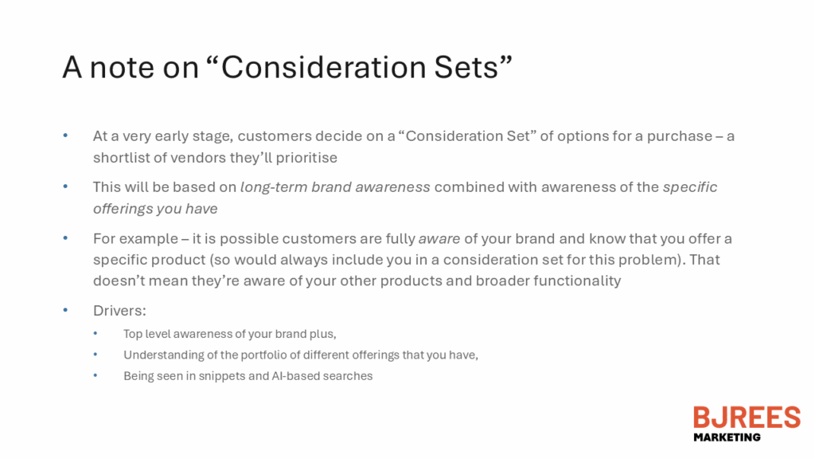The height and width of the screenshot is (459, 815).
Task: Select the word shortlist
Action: point(121,158)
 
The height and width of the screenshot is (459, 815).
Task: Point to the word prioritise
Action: point(306,159)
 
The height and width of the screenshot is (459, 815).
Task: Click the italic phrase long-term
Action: point(274,187)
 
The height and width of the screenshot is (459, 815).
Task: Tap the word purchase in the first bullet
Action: point(680,137)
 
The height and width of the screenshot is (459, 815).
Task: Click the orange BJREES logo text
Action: point(747,418)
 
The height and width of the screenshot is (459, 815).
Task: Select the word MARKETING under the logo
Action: point(727,437)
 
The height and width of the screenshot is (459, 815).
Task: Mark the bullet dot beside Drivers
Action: point(65,310)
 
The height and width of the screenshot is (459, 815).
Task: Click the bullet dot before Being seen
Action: point(96,375)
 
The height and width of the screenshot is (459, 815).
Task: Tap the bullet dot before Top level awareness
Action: point(96,332)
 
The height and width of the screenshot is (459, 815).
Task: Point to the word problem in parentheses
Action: point(646,261)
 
